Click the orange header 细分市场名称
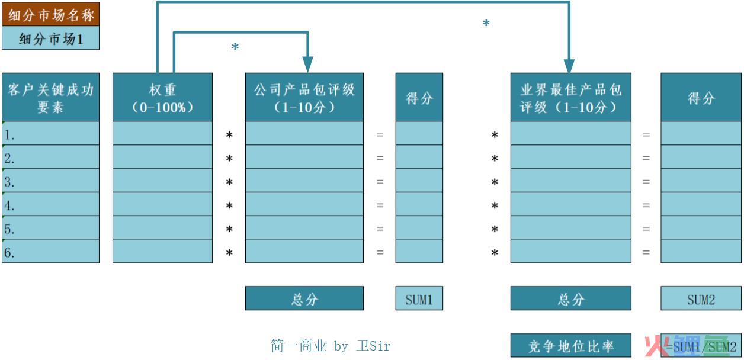click(x=50, y=14)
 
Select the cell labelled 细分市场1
click(x=50, y=38)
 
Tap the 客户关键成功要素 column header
click(x=50, y=97)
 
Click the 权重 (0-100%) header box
click(x=162, y=97)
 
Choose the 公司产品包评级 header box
click(x=304, y=97)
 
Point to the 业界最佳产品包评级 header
click(x=570, y=97)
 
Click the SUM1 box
click(x=419, y=298)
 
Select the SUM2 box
click(x=701, y=298)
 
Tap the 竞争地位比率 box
click(x=570, y=345)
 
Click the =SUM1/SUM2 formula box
click(x=701, y=345)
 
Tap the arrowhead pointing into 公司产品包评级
click(x=308, y=65)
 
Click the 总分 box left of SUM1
click(x=304, y=298)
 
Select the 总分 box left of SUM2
click(x=570, y=298)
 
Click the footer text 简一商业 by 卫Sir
click(x=331, y=346)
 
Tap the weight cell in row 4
click(x=162, y=204)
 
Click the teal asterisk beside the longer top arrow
click(x=486, y=23)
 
